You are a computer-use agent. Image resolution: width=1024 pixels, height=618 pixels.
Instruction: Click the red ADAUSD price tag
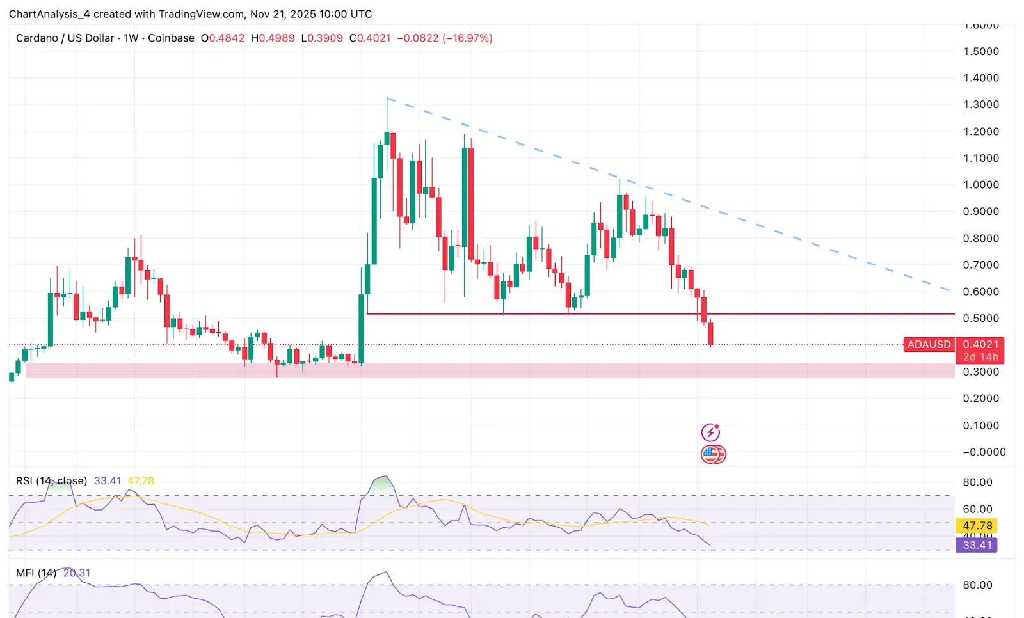pyautogui.click(x=929, y=344)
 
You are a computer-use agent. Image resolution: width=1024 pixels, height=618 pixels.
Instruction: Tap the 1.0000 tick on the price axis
pyautogui.click(x=980, y=185)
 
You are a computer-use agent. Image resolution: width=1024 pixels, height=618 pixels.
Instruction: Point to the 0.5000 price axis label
pyautogui.click(x=980, y=318)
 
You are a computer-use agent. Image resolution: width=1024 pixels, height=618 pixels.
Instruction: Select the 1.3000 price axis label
pyautogui.click(x=980, y=104)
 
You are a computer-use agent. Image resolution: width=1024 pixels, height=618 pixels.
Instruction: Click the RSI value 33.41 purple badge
pyautogui.click(x=977, y=545)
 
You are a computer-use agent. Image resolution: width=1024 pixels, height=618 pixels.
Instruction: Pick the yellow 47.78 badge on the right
pyautogui.click(x=977, y=526)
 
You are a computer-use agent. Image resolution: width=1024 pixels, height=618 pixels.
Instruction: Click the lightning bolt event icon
pyautogui.click(x=710, y=432)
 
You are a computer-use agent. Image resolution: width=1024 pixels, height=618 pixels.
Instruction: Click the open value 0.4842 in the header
pyautogui.click(x=227, y=38)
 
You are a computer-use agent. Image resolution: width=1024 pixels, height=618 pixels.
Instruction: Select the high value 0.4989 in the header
pyautogui.click(x=276, y=38)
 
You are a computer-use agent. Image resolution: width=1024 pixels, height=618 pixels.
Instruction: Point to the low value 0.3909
pyautogui.click(x=325, y=38)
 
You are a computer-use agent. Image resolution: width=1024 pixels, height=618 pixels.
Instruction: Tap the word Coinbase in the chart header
pyautogui.click(x=171, y=38)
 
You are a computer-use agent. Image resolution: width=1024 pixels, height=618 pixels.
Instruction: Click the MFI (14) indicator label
pyautogui.click(x=36, y=573)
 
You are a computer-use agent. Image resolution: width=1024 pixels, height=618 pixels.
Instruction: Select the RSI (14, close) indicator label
pyautogui.click(x=51, y=481)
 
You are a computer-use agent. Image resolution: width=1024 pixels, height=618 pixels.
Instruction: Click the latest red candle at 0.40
pyautogui.click(x=710, y=334)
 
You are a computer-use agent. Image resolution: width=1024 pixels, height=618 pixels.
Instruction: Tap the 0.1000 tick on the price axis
pyautogui.click(x=980, y=425)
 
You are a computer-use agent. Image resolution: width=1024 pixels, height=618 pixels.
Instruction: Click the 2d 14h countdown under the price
pyautogui.click(x=980, y=357)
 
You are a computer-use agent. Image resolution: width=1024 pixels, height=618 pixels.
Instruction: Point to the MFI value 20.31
pyautogui.click(x=77, y=573)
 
